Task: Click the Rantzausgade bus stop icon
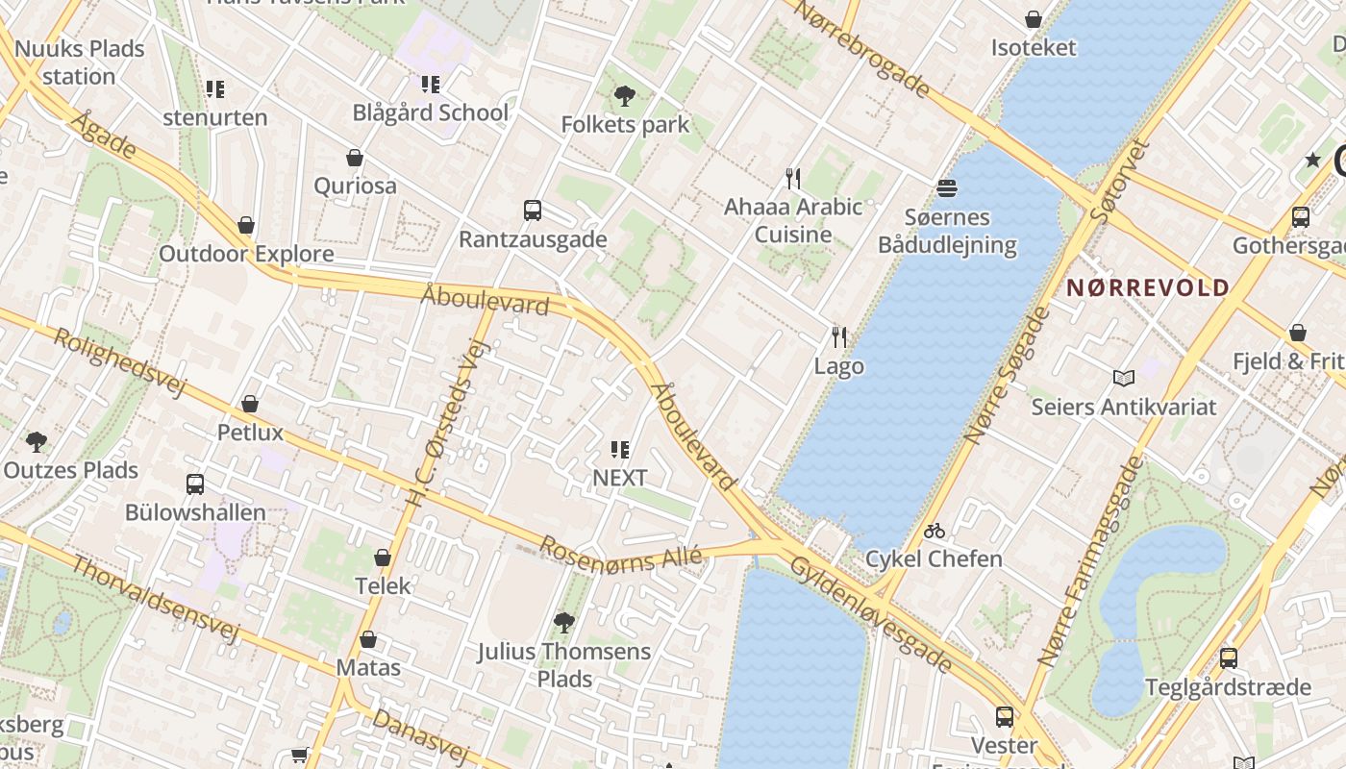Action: coord(532,211)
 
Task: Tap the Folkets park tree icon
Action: coord(625,96)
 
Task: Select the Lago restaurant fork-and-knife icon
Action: coord(839,337)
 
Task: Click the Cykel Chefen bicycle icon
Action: coord(934,531)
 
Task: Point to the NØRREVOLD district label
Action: coord(1148,287)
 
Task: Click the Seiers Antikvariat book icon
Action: coord(1123,378)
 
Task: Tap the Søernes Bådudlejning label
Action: coord(947,232)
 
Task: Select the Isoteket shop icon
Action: coord(1034,19)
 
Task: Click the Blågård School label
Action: coord(430,112)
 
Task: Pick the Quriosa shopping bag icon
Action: coord(355,158)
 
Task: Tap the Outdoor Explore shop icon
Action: coord(246,226)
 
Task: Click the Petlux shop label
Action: coord(250,433)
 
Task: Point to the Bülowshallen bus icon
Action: coord(195,484)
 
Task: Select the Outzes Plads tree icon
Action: coord(37,442)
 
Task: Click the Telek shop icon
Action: coord(383,558)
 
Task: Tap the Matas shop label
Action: coord(368,667)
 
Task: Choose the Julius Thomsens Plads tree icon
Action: coord(564,623)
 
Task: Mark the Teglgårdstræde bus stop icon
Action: coord(1228,658)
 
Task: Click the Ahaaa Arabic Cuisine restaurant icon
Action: coord(793,179)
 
